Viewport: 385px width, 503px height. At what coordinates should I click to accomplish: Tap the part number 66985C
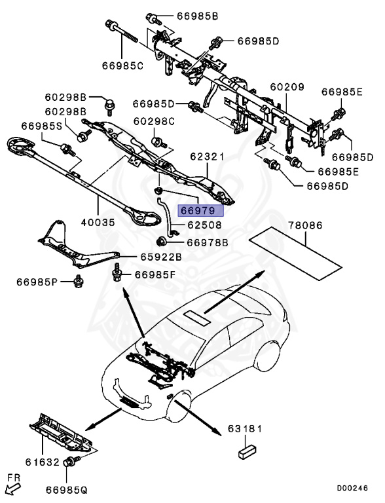tap(122, 65)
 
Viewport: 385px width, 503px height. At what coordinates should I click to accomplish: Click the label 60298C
tap(154, 121)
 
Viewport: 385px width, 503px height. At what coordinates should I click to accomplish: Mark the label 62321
tap(207, 157)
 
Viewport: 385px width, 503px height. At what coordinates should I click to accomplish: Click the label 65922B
tap(160, 256)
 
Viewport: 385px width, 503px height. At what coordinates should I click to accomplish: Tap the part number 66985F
tap(155, 274)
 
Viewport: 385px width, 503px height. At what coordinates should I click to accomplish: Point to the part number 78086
tap(305, 225)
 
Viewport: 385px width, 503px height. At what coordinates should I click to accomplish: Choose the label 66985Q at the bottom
tap(67, 489)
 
